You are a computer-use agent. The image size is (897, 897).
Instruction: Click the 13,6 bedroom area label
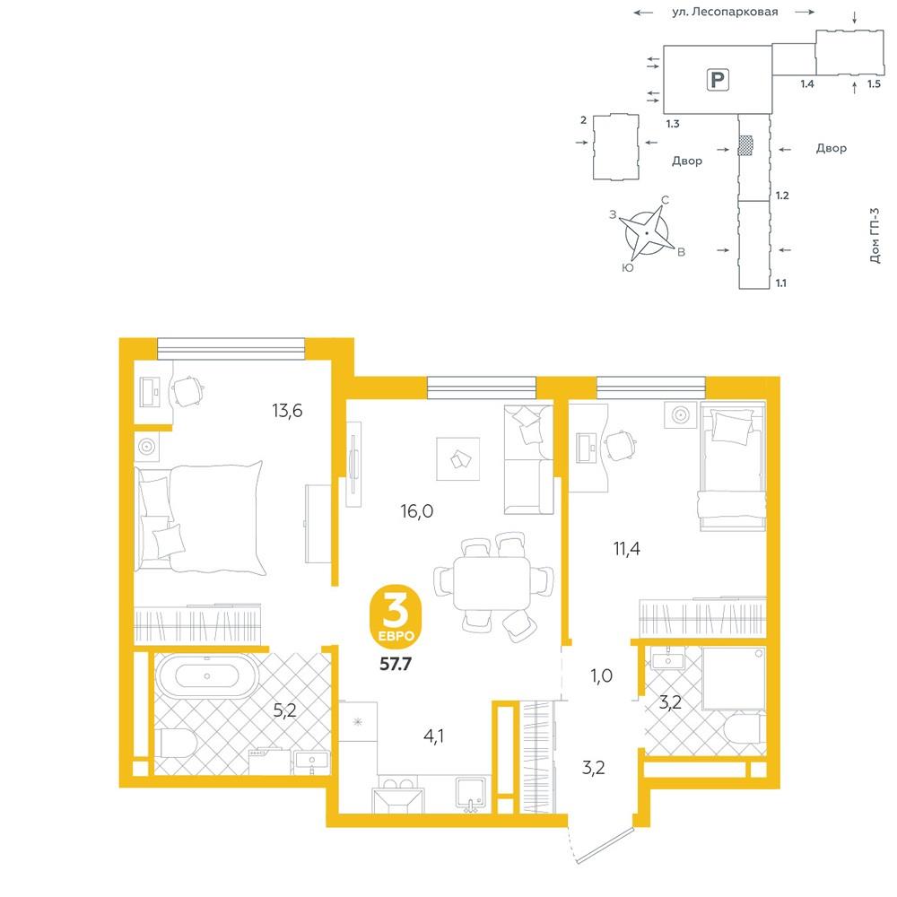pyautogui.click(x=287, y=410)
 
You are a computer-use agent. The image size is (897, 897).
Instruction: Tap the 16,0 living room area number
pyautogui.click(x=417, y=511)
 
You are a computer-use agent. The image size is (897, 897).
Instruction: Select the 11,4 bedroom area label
pyautogui.click(x=627, y=549)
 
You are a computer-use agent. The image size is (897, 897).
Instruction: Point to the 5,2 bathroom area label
pyautogui.click(x=285, y=710)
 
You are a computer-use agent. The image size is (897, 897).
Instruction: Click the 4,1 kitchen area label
pyautogui.click(x=433, y=736)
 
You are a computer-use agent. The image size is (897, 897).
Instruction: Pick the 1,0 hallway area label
pyautogui.click(x=602, y=675)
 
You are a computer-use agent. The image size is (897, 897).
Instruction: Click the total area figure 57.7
pyautogui.click(x=396, y=664)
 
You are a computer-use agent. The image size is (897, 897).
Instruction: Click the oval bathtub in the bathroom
pyautogui.click(x=206, y=676)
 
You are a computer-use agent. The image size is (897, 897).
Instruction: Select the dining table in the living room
pyautogui.click(x=492, y=583)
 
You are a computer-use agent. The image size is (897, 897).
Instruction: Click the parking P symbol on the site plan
pyautogui.click(x=718, y=79)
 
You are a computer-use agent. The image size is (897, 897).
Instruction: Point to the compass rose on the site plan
pyautogui.click(x=647, y=233)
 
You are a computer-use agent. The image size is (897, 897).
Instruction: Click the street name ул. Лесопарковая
pyautogui.click(x=725, y=12)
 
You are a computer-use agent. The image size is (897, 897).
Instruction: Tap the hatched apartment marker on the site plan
pyautogui.click(x=745, y=146)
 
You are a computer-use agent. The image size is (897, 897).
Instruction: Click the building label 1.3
pyautogui.click(x=673, y=124)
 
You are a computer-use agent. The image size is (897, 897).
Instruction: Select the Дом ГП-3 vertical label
pyautogui.click(x=874, y=235)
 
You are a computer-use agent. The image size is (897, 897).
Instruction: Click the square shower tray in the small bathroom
pyautogui.click(x=734, y=679)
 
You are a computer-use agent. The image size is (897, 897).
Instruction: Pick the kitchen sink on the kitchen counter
pyautogui.click(x=471, y=794)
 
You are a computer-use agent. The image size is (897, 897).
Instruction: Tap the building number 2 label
pyautogui.click(x=584, y=120)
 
